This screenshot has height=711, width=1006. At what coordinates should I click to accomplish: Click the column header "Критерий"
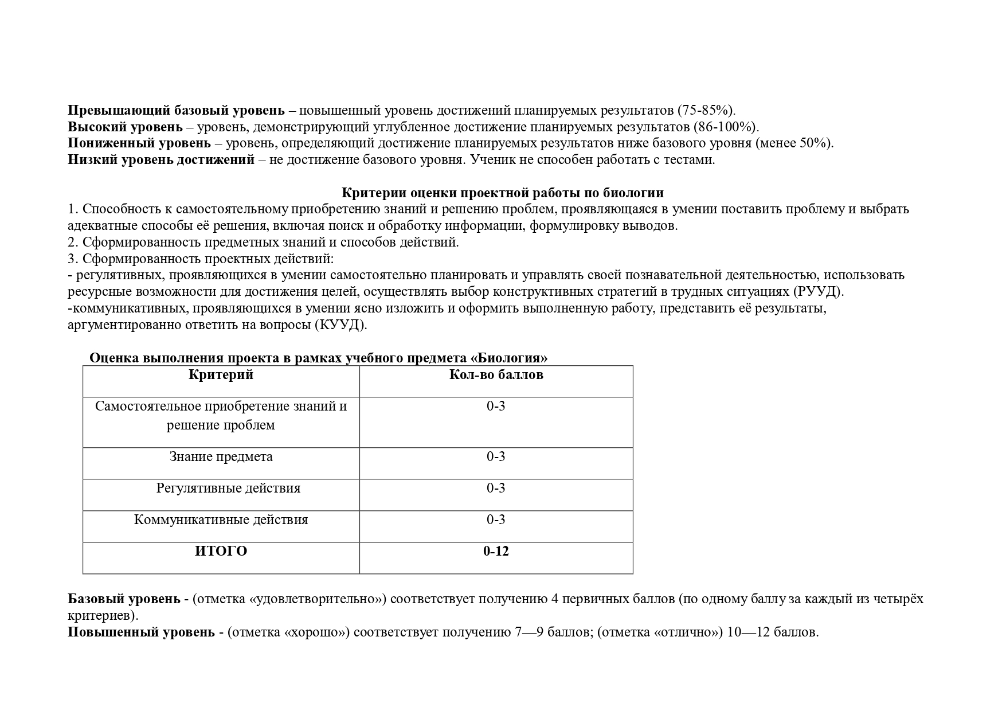pyautogui.click(x=221, y=375)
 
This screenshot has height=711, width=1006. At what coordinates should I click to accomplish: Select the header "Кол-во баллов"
pyautogui.click(x=496, y=375)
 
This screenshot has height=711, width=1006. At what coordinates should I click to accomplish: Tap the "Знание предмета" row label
pyautogui.click(x=221, y=457)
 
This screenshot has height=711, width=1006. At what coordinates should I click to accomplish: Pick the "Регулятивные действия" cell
pyautogui.click(x=228, y=489)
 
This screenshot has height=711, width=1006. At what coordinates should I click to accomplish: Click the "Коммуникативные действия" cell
pyautogui.click(x=221, y=520)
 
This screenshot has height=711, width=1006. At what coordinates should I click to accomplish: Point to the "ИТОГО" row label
pyautogui.click(x=221, y=552)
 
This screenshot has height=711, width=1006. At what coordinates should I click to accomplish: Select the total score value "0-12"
pyautogui.click(x=496, y=552)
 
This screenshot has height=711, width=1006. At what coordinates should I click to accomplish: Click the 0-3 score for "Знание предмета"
pyautogui.click(x=496, y=457)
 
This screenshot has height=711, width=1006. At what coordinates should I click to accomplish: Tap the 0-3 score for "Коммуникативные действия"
pyautogui.click(x=496, y=520)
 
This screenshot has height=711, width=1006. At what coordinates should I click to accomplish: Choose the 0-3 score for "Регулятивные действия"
pyautogui.click(x=496, y=489)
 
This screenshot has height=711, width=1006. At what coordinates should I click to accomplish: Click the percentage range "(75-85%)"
pyautogui.click(x=706, y=110)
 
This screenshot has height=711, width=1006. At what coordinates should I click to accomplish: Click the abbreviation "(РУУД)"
pyautogui.click(x=819, y=292)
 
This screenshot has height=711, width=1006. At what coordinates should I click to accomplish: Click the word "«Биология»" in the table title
pyautogui.click(x=508, y=358)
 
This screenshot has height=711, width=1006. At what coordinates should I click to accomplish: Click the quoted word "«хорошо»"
pyautogui.click(x=317, y=633)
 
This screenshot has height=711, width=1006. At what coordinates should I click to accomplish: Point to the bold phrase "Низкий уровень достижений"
pyautogui.click(x=161, y=160)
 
